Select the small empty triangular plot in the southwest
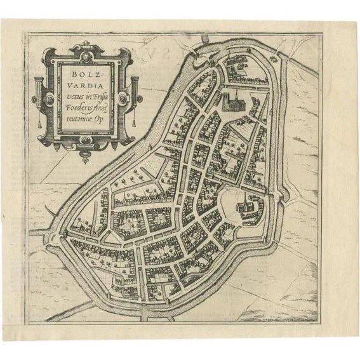[112, 237]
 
